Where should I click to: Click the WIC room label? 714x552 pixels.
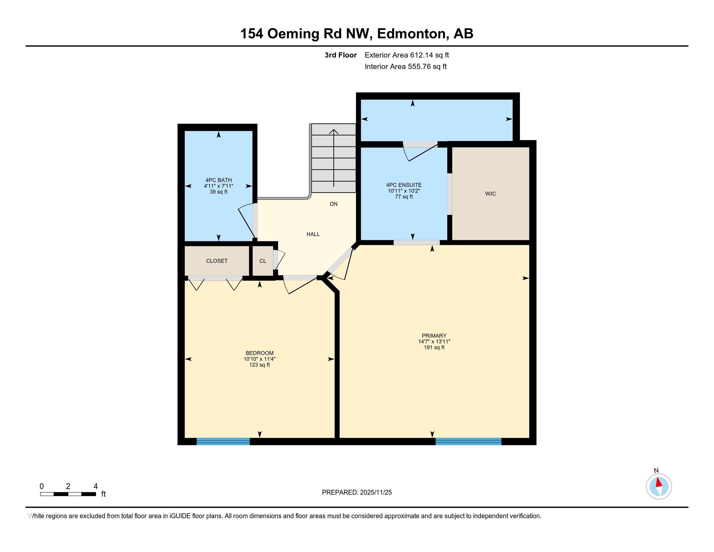pos(490,194)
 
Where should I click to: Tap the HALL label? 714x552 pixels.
pos(313,234)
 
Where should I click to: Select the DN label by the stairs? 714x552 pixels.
pos(333,204)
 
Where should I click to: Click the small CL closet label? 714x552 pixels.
pos(263,261)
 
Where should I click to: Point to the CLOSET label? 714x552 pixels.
pos(217,261)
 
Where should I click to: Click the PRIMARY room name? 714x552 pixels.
pos(434,335)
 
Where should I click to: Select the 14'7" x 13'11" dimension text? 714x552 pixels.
pos(434,341)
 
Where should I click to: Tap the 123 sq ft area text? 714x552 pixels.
pos(259,365)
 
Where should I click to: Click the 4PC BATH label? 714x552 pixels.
pos(218,180)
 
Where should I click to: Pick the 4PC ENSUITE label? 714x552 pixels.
pos(404,185)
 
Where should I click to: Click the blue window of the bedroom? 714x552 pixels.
pos(223,441)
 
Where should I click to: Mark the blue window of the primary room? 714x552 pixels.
pos(468,441)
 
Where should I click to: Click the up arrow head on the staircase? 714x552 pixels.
pos(333,131)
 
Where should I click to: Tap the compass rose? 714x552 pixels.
pos(659,486)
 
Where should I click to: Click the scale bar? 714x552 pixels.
pos(68,494)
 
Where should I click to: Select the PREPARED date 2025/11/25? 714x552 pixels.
pos(375,493)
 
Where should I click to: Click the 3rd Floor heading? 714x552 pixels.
pos(340,55)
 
